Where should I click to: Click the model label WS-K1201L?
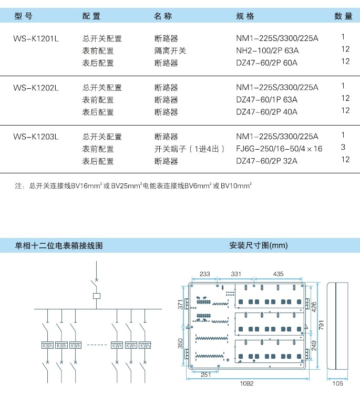coord(36,39)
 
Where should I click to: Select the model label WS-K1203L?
coord(36,137)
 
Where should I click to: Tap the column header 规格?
coord(245,16)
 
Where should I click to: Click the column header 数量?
coord(343,16)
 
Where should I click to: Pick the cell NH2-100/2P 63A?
coord(267,50)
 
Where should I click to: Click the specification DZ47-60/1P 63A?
coord(266,100)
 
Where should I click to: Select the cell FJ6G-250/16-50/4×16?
coord(279,149)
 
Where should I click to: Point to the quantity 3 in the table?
coord(343,147)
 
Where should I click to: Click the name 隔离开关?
coord(170,51)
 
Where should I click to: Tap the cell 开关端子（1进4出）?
coord(189,149)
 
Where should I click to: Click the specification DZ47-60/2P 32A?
coord(266,161)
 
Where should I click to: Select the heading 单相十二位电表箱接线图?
coord(59,245)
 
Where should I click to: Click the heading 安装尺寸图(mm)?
coord(259,245)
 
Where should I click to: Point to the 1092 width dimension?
coord(246,383)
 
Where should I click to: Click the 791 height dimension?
coord(321,325)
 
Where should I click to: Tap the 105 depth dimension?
coord(338,383)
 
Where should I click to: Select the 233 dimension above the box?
coord(204,274)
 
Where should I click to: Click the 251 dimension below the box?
coord(206,375)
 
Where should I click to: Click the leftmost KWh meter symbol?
coord(47,345)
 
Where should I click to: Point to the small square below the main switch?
coord(96,296)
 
